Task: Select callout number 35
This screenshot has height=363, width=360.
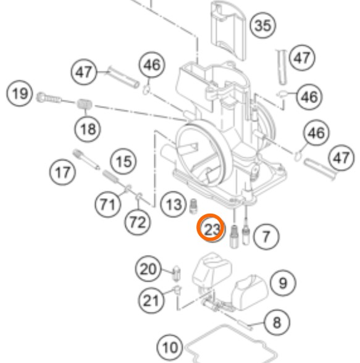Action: point(263,25)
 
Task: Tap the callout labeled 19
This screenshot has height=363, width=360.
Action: point(19,93)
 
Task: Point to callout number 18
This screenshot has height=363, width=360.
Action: point(88,128)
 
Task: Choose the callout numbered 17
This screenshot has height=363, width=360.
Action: point(62,172)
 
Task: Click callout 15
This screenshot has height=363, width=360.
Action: point(123,161)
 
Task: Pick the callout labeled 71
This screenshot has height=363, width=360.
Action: point(108,204)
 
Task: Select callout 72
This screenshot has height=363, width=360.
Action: point(138,222)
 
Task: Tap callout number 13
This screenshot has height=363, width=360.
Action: point(174,204)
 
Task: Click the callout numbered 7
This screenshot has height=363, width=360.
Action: point(267,236)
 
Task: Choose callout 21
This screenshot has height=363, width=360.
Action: point(151,300)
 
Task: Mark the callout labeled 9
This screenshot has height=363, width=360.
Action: point(283,283)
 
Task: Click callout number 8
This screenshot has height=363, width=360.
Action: point(277,322)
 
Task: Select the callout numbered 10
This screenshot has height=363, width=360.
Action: point(170,347)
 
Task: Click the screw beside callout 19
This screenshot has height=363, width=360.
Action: point(49,98)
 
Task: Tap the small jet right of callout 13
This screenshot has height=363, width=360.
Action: point(193,206)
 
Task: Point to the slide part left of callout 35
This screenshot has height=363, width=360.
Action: point(228,30)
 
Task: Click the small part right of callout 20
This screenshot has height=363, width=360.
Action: point(177,273)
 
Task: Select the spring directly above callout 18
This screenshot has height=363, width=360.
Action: point(85,104)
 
